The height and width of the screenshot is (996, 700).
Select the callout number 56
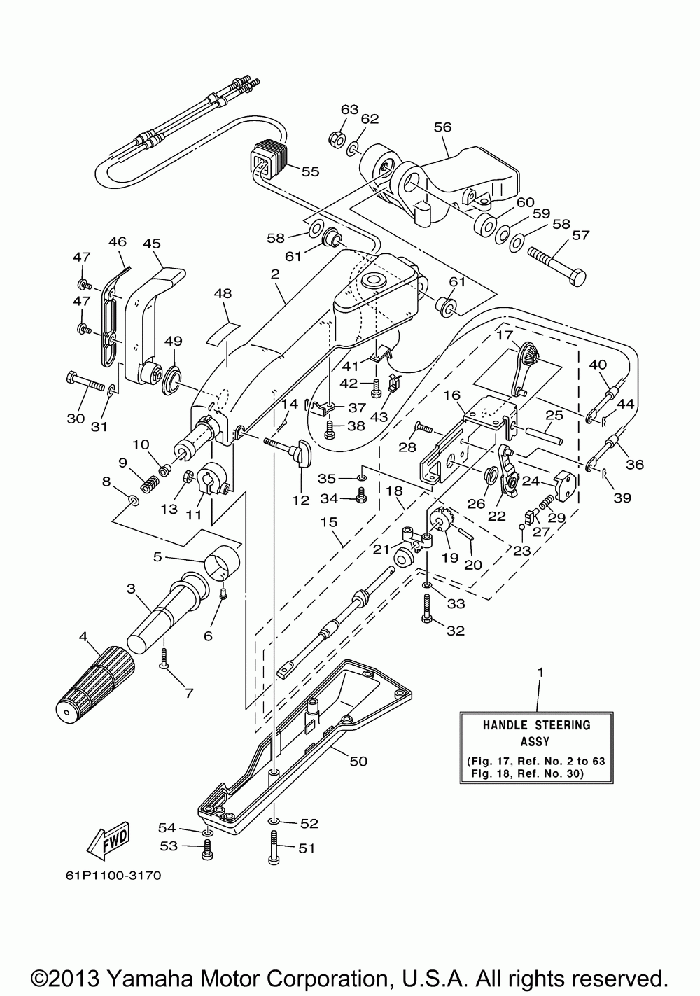442,127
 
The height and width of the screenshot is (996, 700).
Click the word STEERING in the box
563,724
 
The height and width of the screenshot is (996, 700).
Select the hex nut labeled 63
336,141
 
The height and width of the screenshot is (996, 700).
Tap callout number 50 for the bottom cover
358,761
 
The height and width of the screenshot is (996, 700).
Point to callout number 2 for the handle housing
275,274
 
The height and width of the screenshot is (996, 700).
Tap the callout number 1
540,685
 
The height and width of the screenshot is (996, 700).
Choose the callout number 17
505,335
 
